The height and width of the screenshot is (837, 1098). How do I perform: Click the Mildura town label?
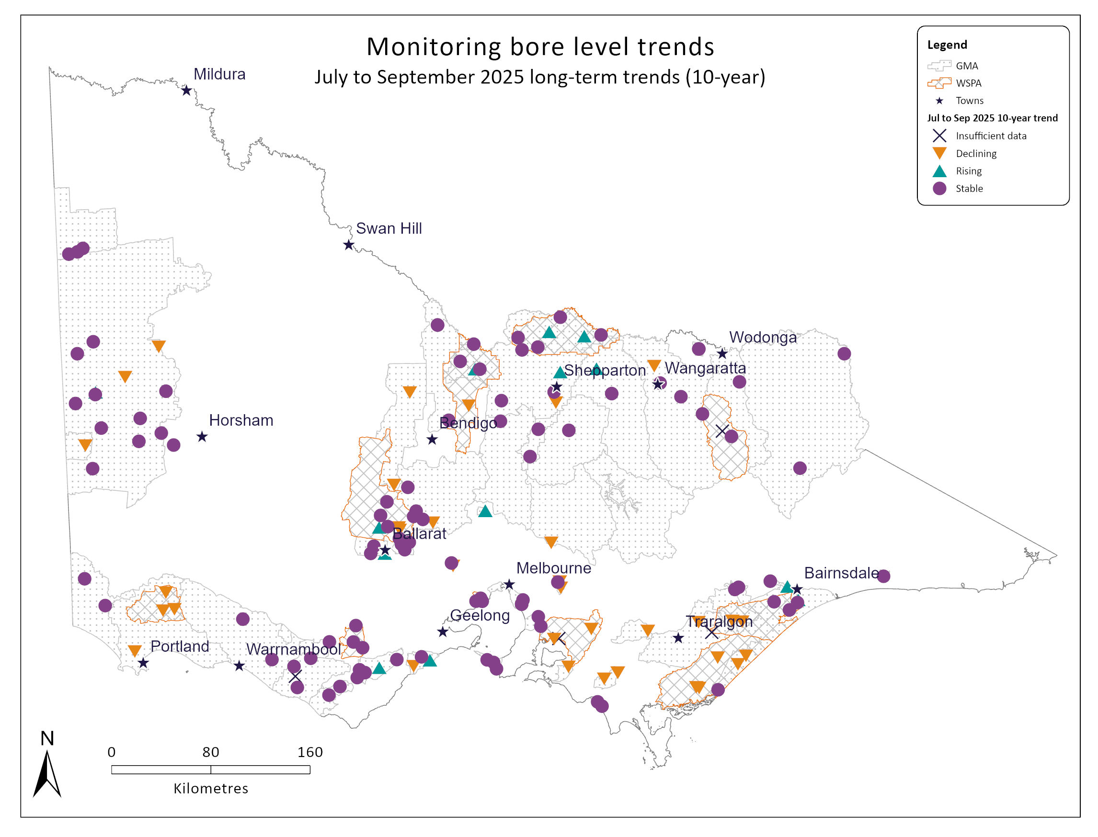coord(219,74)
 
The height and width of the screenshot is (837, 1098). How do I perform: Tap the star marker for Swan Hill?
coord(348,245)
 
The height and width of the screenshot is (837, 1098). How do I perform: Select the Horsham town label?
coord(241,420)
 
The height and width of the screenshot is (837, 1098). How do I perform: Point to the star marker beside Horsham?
coord(201,437)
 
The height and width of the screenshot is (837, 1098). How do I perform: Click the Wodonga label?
coord(763,337)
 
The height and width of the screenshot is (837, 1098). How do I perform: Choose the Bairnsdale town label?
coord(841,573)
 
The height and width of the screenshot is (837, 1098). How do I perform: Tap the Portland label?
coord(180,646)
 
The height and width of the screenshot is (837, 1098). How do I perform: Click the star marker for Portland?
coord(143,663)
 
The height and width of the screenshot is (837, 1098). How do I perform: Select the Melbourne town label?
coord(553,568)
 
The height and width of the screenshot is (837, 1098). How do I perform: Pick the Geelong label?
coord(480,615)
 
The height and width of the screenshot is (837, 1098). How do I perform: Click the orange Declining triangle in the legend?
coord(939,153)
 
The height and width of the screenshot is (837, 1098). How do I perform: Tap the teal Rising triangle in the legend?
coord(939,171)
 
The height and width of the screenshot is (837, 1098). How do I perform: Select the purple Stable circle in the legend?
coord(939,188)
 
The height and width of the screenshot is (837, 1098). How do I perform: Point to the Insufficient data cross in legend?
coord(939,136)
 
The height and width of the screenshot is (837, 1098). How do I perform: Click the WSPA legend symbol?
coord(939,83)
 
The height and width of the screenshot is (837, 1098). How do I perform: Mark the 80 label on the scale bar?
coord(210,752)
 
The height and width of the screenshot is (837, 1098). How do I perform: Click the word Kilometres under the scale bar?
coord(210,789)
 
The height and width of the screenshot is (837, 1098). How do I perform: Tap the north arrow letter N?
coord(47,738)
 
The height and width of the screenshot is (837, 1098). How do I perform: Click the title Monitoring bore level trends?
coord(540,47)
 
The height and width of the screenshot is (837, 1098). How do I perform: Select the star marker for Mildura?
coord(186,90)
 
